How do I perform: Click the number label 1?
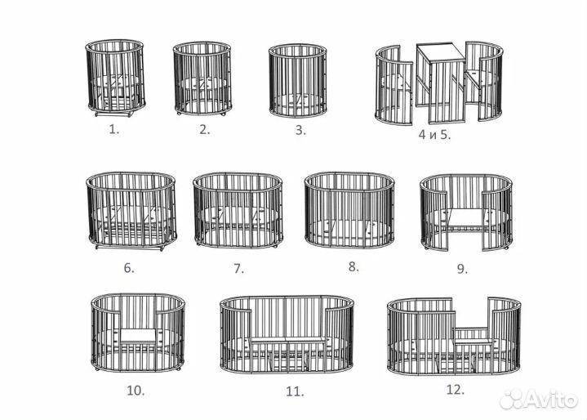113,130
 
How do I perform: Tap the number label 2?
205,130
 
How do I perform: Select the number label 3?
300,130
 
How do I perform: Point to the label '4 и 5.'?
434,135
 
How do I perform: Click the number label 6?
129,268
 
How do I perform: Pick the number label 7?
238,268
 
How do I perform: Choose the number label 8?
354,266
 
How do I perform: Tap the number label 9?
462,269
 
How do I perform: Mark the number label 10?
136,391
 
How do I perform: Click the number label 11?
295,391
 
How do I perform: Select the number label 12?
456,390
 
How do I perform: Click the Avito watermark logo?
538,400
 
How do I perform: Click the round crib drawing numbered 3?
298,81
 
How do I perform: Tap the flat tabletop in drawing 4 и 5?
441,52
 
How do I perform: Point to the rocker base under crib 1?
114,113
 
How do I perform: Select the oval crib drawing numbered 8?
349,210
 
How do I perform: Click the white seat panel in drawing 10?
138,335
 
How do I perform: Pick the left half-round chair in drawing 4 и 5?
394,86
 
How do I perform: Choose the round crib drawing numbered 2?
202,78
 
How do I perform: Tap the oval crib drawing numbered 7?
238,210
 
